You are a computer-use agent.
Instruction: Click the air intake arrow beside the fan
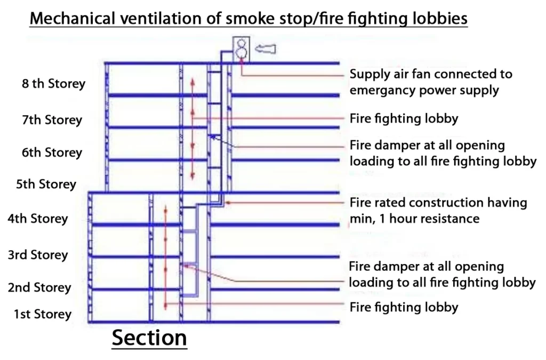pos(266,50)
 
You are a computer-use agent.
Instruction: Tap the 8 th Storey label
pos(53,84)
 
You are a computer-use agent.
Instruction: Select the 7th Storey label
pos(52,119)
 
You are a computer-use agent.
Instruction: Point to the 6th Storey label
pos(52,153)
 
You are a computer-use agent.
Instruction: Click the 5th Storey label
pos(46,185)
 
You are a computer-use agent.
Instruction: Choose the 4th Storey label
pos(37,219)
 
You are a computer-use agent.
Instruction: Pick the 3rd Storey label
pos(37,255)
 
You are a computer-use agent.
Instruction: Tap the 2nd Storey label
pos(39,288)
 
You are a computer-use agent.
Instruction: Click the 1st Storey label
pos(42,314)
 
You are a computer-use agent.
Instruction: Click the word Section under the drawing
pos(149,338)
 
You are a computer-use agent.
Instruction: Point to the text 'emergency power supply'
pos(424,90)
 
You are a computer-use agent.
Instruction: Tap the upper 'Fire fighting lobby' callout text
pos(404,118)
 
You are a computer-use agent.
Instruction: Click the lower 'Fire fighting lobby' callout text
pos(404,307)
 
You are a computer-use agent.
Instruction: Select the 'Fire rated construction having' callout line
pos(438,203)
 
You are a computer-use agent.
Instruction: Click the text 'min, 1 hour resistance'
pos(414,219)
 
